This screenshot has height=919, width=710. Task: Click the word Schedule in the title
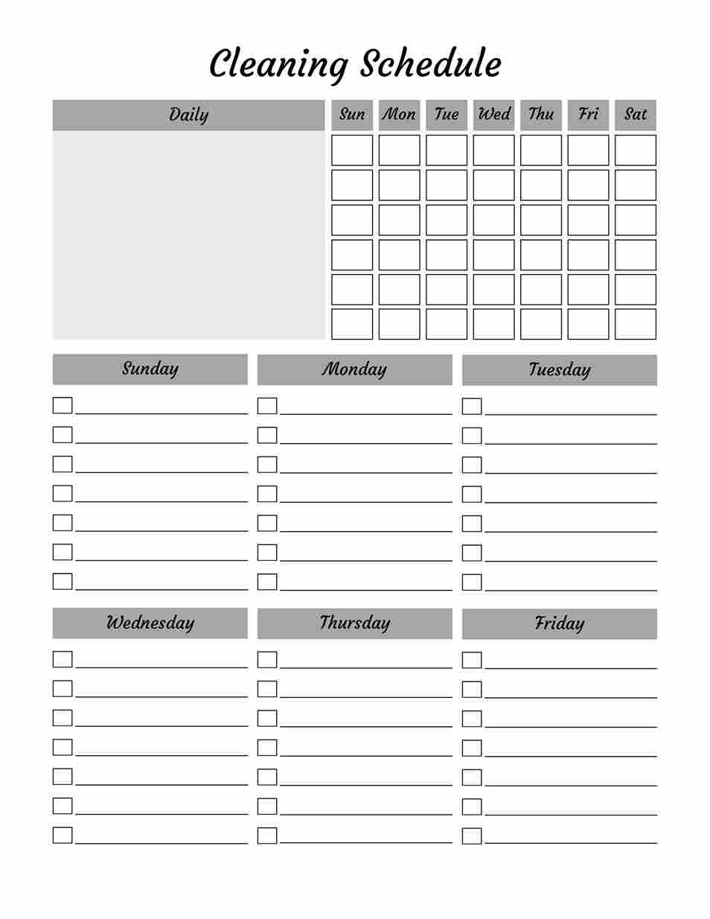pyautogui.click(x=431, y=63)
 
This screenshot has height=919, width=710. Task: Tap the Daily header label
pyautogui.click(x=188, y=115)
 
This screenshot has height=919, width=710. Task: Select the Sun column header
pyautogui.click(x=352, y=115)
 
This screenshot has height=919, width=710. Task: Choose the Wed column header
pyautogui.click(x=493, y=115)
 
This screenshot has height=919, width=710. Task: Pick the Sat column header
pyautogui.click(x=636, y=115)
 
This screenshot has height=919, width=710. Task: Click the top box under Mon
pyautogui.click(x=399, y=150)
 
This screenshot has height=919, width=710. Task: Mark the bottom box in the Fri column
pyautogui.click(x=588, y=324)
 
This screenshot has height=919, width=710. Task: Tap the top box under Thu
pyautogui.click(x=541, y=150)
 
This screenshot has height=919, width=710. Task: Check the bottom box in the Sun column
pyautogui.click(x=352, y=324)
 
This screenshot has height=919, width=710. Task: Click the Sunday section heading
pyautogui.click(x=150, y=369)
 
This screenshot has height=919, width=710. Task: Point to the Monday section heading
pyautogui.click(x=354, y=369)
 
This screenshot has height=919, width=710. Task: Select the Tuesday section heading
pyautogui.click(x=560, y=370)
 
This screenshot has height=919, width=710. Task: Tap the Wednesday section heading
pyautogui.click(x=150, y=623)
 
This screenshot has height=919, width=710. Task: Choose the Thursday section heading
pyautogui.click(x=354, y=623)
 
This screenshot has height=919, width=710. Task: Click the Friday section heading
pyautogui.click(x=560, y=624)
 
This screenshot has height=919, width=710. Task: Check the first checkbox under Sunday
pyautogui.click(x=63, y=405)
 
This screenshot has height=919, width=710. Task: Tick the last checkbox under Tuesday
pyautogui.click(x=472, y=582)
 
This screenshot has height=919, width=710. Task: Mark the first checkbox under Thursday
pyautogui.click(x=267, y=659)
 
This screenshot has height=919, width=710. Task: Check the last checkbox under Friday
pyautogui.click(x=472, y=836)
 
